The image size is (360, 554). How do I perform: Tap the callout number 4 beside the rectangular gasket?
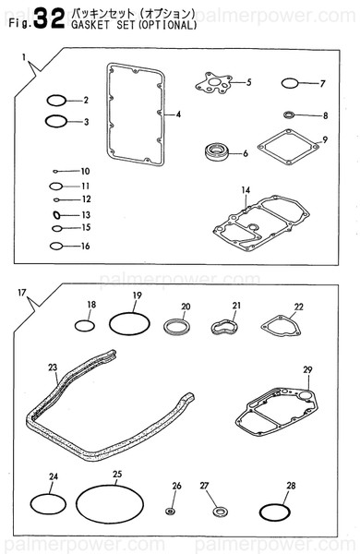[178, 114]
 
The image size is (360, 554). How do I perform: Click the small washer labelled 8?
[289, 115]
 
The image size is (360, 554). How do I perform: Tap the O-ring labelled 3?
[55, 120]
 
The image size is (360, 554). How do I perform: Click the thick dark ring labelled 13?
[56, 214]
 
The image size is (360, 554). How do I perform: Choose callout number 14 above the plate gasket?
[246, 190]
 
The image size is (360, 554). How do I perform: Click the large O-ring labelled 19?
[129, 323]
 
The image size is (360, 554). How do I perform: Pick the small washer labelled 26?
[171, 510]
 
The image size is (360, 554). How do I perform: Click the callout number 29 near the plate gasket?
[307, 370]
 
